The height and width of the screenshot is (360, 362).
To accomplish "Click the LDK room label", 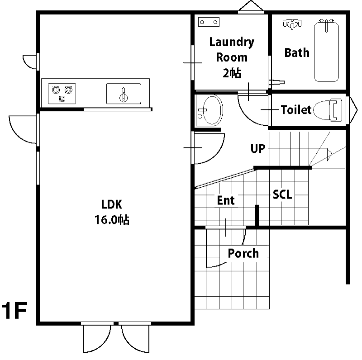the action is click(x=112, y=204).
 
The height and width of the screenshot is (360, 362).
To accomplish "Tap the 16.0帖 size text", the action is click(x=112, y=220).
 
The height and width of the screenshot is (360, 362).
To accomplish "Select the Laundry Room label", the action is click(x=232, y=50).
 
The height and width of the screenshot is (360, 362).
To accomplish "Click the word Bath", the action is click(x=297, y=52).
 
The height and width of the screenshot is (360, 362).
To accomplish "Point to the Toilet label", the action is click(x=296, y=109).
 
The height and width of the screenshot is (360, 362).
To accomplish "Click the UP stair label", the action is click(x=258, y=149).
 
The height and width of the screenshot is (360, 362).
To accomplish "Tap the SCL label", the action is click(x=282, y=194).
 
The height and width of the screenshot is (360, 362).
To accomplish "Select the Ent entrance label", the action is click(x=226, y=200).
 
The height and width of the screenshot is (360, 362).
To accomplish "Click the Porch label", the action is click(x=243, y=253).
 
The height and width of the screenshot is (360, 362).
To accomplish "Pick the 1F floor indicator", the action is click(x=15, y=310).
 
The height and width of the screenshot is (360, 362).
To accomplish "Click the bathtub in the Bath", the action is click(x=326, y=51).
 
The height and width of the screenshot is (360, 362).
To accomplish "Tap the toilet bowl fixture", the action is click(x=328, y=110).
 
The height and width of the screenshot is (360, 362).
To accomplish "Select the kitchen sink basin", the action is click(x=124, y=94).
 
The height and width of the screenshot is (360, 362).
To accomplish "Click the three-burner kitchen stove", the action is click(x=62, y=94).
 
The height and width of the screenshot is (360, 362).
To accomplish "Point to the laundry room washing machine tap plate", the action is click(x=209, y=22).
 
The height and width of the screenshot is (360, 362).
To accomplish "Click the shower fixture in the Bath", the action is click(x=292, y=24).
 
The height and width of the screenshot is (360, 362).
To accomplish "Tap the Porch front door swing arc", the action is click(x=216, y=266).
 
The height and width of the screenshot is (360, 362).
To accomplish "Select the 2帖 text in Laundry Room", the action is click(x=232, y=73).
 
